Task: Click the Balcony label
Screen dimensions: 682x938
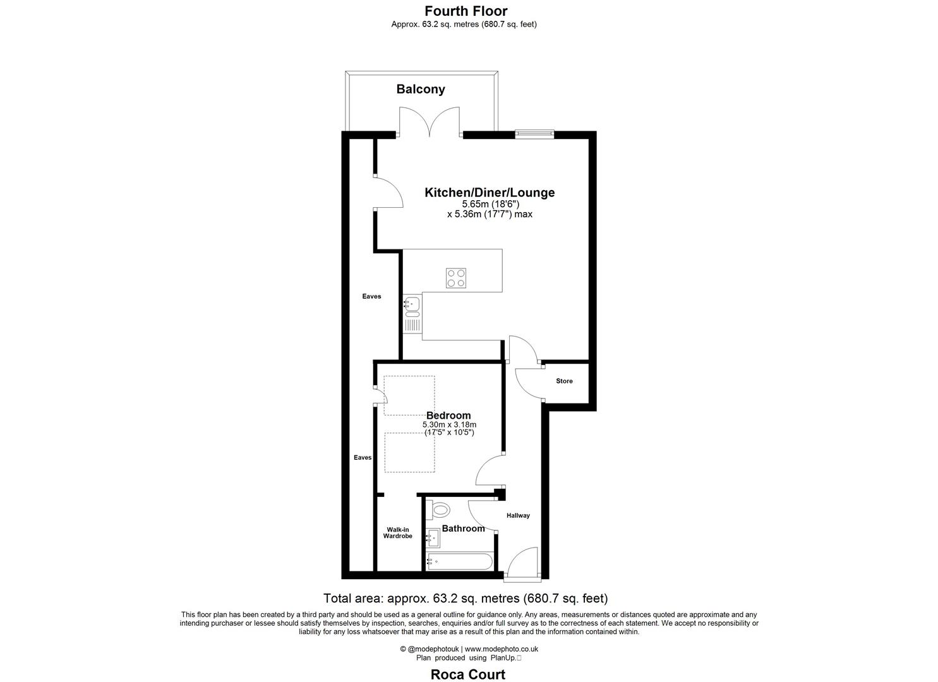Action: coord(420,89)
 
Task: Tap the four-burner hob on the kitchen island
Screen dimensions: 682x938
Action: coord(456,278)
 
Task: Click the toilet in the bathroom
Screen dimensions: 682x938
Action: coord(439,509)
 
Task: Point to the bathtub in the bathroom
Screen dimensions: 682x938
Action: coord(459,561)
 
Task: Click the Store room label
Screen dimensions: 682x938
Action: coord(564,381)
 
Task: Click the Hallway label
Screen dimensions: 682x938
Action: coord(518,515)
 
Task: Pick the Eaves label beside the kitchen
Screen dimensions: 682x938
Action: coord(371,296)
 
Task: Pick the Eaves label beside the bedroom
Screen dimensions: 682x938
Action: coord(363,457)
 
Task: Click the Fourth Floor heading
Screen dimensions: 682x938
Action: coord(466,11)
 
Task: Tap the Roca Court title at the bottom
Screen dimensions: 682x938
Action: coord(467,674)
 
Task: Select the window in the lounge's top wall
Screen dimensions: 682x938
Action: coord(534,133)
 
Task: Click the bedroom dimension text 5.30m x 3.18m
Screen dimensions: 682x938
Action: coord(449,425)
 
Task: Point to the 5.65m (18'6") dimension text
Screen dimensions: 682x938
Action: coord(490,204)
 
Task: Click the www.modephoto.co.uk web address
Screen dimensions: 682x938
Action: coord(502,649)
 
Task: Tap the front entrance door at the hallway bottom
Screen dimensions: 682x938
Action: coord(522,565)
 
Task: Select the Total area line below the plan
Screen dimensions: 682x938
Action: coord(466,598)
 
